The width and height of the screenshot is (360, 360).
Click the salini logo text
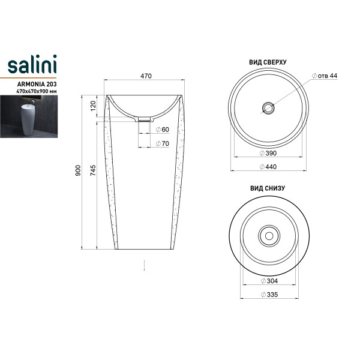coord(32,64)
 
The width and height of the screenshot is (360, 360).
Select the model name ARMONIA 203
coord(37,84)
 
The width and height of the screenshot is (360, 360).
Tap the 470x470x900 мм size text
coord(36,91)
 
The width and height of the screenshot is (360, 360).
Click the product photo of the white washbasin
coord(29,116)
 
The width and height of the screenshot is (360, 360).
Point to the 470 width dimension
coord(146,76)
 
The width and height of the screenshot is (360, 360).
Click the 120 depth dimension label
coord(93,106)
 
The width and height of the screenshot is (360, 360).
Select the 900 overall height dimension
coord(78,170)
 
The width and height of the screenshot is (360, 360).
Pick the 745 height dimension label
coord(93,170)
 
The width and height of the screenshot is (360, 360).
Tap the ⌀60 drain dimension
coord(163,130)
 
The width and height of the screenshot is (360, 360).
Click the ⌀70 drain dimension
coord(163,143)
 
